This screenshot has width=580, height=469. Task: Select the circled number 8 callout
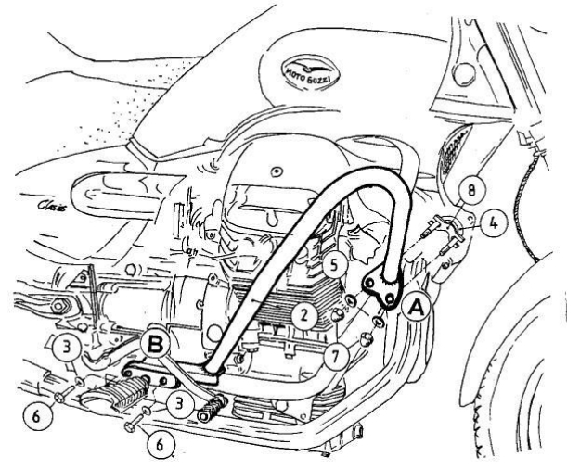click(471, 191)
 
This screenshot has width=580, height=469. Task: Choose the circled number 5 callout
click(337, 264)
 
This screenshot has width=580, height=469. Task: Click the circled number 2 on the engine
click(302, 315)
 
